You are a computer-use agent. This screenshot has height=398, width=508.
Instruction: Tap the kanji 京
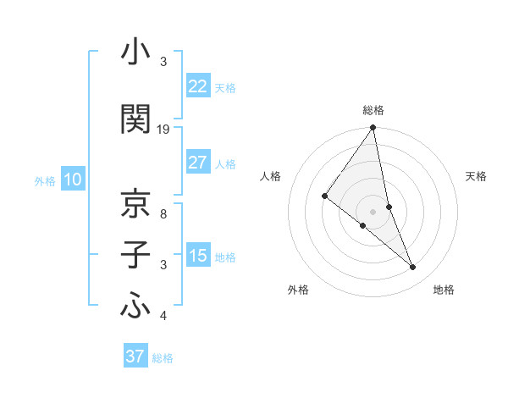pyautogui.click(x=135, y=204)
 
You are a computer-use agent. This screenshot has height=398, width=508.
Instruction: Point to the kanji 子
pyautogui.click(x=135, y=256)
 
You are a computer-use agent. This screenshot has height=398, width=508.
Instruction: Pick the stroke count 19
pyautogui.click(x=163, y=130)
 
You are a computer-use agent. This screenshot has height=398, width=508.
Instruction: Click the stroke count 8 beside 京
pyautogui.click(x=163, y=214)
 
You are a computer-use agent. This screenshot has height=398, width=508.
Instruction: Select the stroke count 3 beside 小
pyautogui.click(x=163, y=63)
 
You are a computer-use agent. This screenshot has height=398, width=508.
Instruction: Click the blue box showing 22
pyautogui.click(x=197, y=86)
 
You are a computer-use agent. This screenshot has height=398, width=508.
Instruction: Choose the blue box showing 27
pyautogui.click(x=197, y=163)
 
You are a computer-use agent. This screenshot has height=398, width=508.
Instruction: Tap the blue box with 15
pyautogui.click(x=197, y=256)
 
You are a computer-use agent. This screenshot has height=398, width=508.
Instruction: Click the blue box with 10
pyautogui.click(x=72, y=180)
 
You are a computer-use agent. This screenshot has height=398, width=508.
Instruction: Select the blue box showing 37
pyautogui.click(x=135, y=357)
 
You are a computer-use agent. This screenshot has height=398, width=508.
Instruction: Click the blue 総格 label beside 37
pyautogui.click(x=163, y=358)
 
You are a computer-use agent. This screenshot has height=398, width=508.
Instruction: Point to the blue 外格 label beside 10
pyautogui.click(x=44, y=181)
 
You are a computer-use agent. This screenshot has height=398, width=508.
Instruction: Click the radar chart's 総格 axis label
pyautogui.click(x=373, y=110)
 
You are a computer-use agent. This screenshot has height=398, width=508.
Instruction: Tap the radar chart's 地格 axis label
pyautogui.click(x=444, y=290)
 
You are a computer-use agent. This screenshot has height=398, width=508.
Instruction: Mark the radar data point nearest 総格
pyautogui.click(x=373, y=128)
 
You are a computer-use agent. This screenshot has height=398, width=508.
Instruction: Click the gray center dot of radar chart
pyautogui.click(x=373, y=211)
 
